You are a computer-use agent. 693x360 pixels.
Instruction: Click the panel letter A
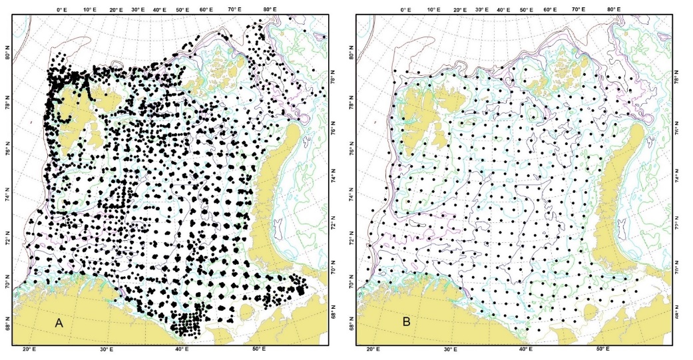point(59,323)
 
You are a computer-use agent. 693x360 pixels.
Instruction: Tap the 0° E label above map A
point(62,10)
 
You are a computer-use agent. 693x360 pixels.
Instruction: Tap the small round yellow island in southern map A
point(246,311)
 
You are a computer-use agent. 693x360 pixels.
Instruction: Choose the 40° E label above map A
point(160,10)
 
